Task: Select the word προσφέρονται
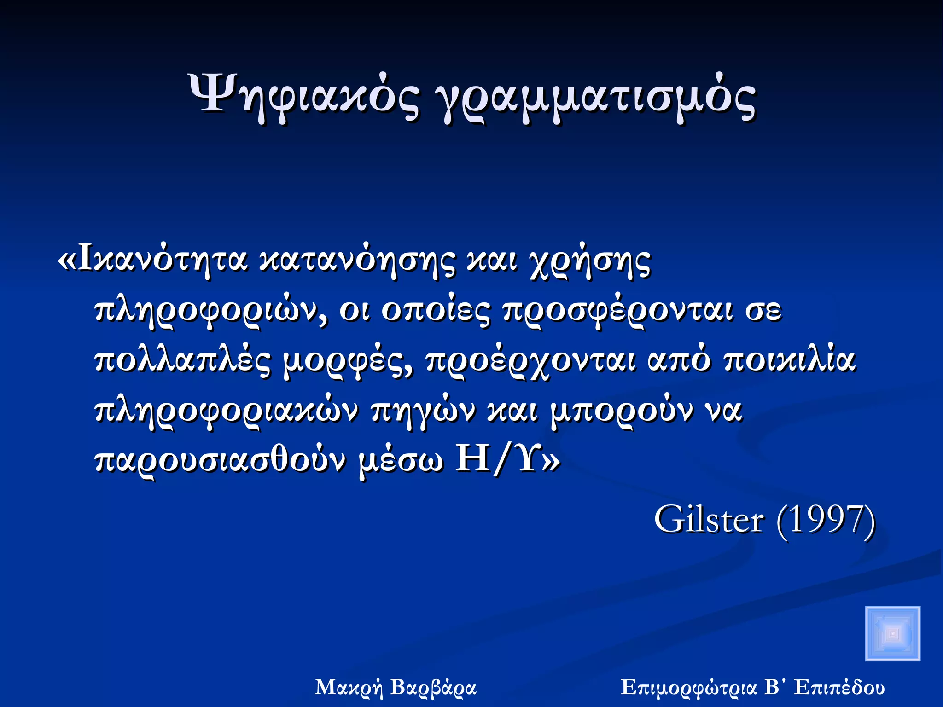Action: [x=617, y=311]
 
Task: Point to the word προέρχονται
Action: [x=530, y=362]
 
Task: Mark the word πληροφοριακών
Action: [x=226, y=411]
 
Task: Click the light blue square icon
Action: [x=892, y=633]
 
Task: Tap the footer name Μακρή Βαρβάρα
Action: [x=396, y=688]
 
